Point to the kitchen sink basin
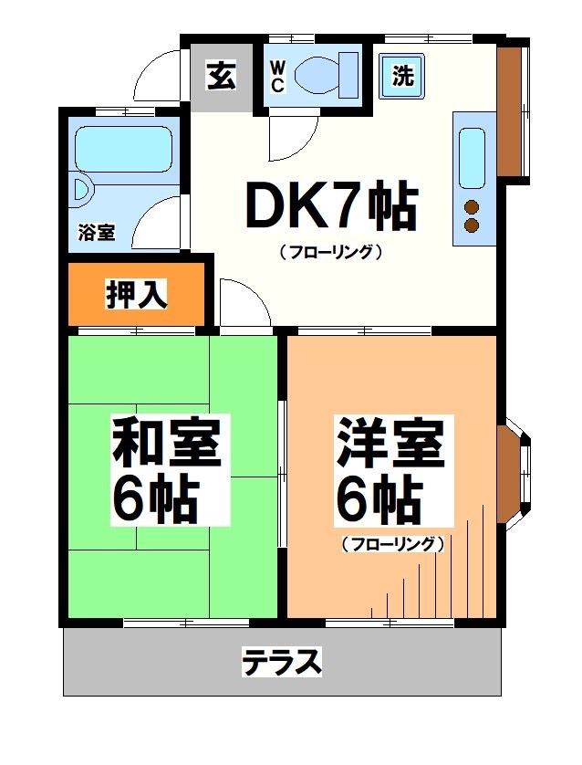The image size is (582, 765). (x=472, y=157)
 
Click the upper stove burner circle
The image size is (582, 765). (x=473, y=205)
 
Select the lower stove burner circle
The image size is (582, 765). (x=473, y=225)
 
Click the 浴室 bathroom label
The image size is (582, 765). (x=96, y=232)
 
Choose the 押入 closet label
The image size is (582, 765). (x=137, y=295)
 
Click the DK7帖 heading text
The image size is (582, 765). (x=330, y=208)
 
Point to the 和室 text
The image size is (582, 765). (x=166, y=441)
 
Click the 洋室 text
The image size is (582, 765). (x=390, y=441)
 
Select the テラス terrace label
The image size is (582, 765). (x=282, y=661)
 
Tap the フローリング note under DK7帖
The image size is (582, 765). (x=329, y=252)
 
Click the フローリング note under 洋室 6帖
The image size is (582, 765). (x=392, y=544)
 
